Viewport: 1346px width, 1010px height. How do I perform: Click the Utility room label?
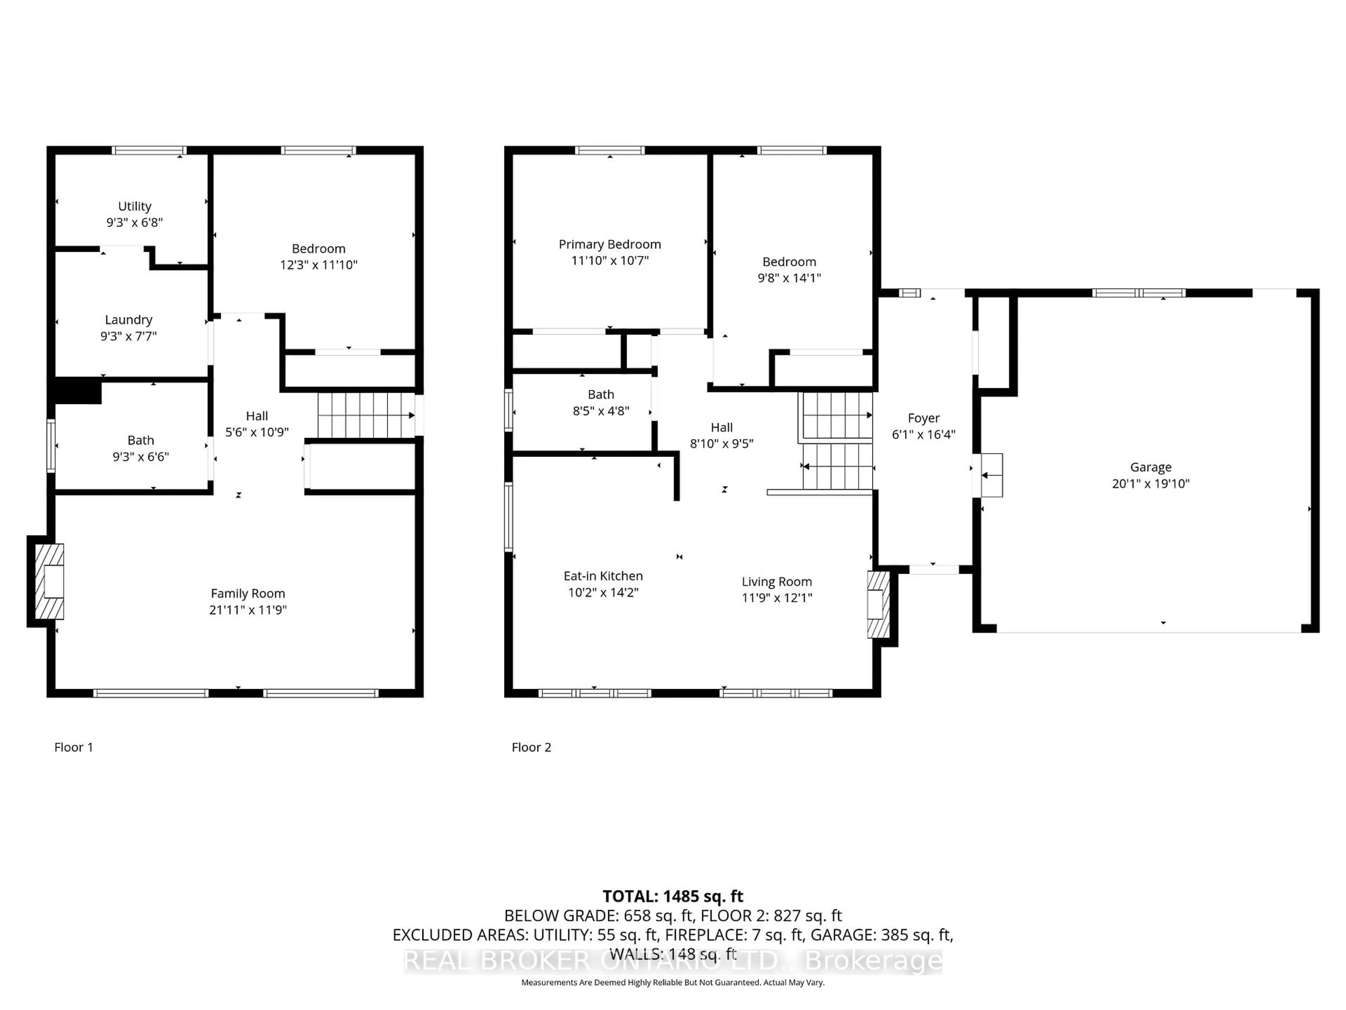[135, 206]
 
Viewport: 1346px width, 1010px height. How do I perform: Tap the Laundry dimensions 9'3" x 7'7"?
[128, 336]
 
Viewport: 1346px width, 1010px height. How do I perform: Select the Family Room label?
[248, 594]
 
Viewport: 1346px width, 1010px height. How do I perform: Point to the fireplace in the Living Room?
[877, 605]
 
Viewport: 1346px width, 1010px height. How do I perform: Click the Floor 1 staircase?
[365, 415]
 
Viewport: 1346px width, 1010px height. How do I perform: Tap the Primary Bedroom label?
[610, 244]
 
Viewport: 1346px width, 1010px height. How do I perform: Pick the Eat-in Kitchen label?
[603, 576]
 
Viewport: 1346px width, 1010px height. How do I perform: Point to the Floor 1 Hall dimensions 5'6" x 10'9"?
[257, 432]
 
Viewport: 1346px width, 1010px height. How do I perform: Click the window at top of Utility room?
[149, 150]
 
